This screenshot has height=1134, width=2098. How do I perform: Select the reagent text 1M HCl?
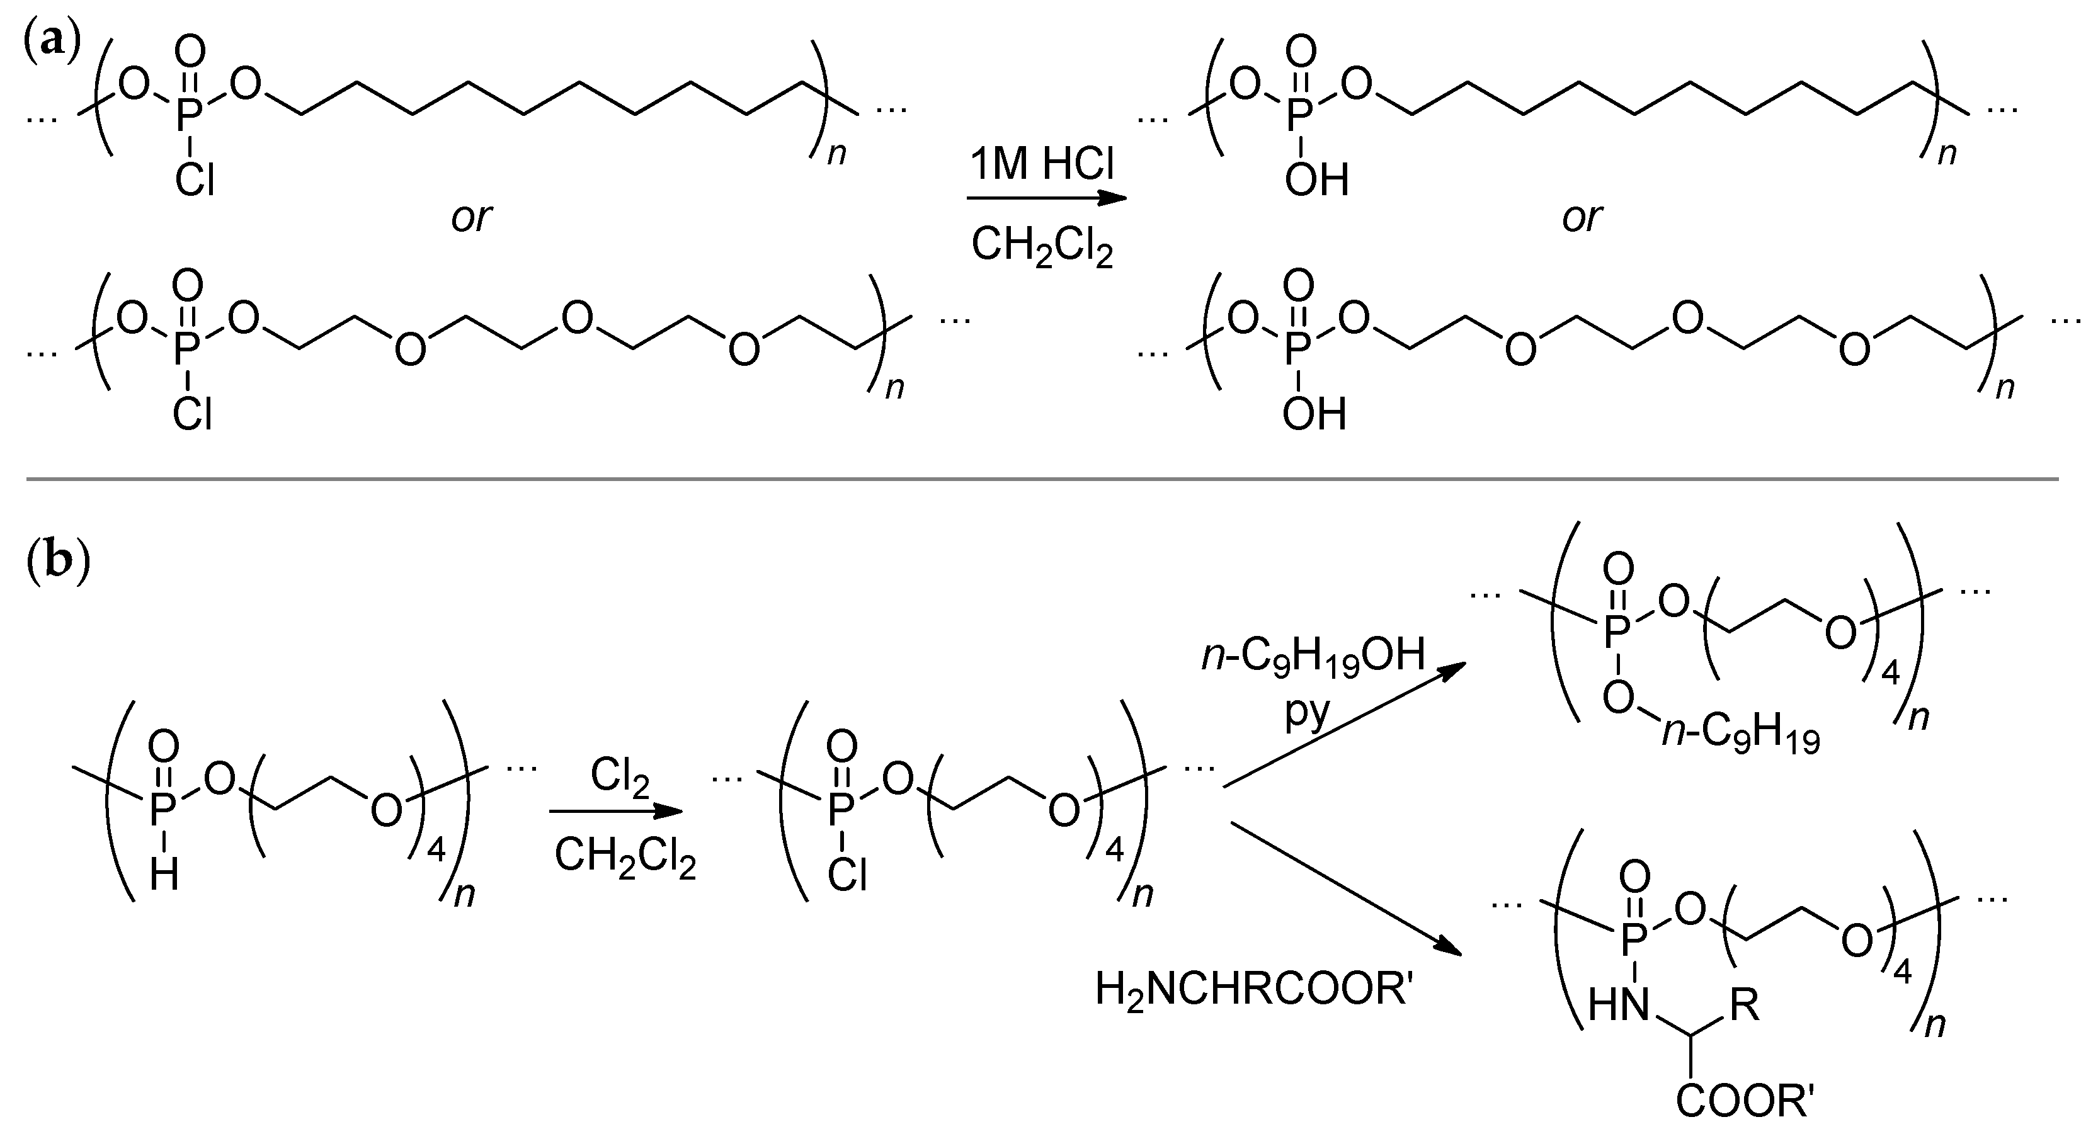pos(1042,166)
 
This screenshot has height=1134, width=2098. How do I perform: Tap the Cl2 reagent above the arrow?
pos(620,776)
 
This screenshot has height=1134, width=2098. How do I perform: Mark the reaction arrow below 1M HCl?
pos(1047,198)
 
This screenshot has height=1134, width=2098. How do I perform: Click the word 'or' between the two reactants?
pos(472,217)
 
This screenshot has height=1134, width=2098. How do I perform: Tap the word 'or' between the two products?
pos(1582,217)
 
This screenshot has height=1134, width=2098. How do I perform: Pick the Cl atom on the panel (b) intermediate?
pos(848,876)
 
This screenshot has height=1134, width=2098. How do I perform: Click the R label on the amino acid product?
pos(1744,1006)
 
